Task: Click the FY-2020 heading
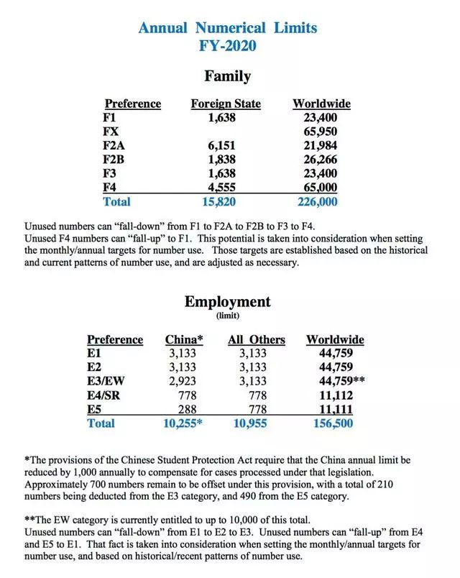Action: coord(227,46)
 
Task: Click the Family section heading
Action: coord(227,75)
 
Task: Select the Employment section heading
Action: coord(227,301)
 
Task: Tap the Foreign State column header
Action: coord(226,104)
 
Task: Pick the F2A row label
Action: coord(116,145)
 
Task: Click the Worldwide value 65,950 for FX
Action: coord(321,132)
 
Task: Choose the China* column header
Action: coord(184,339)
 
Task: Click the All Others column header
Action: coord(256,339)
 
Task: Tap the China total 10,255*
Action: coord(183,423)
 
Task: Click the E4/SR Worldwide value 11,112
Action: coord(336,395)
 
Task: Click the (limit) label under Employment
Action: coord(227,316)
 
